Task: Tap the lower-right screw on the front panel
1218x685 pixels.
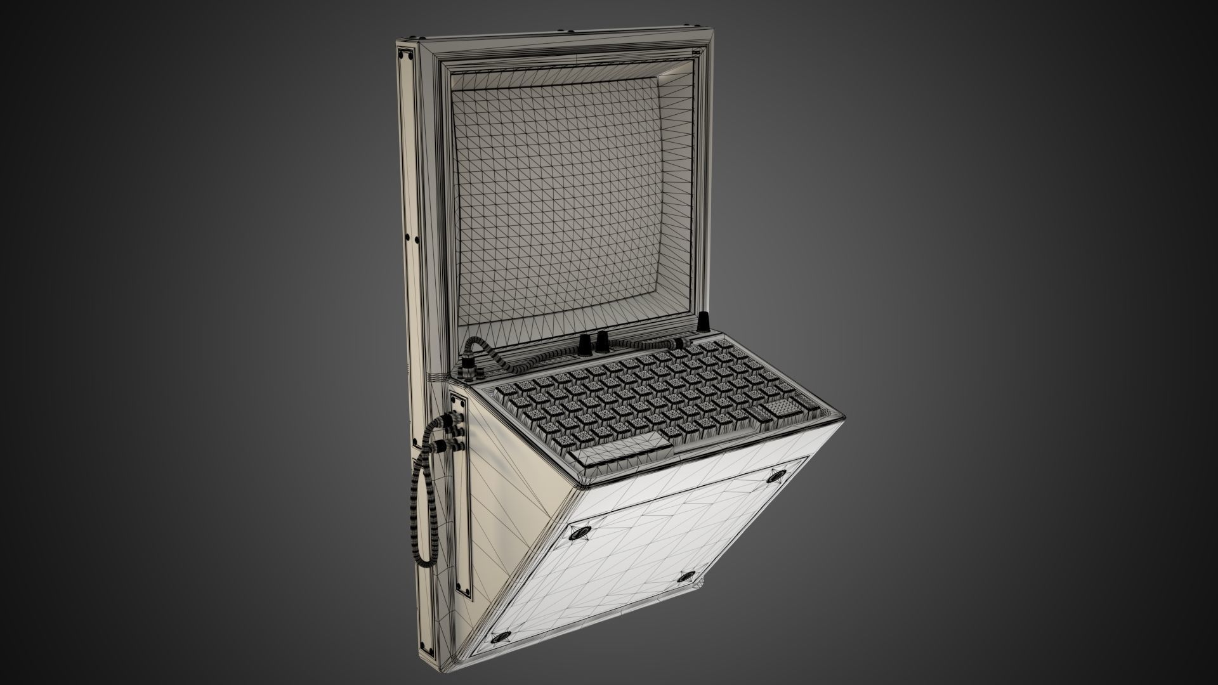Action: pyautogui.click(x=685, y=577)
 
